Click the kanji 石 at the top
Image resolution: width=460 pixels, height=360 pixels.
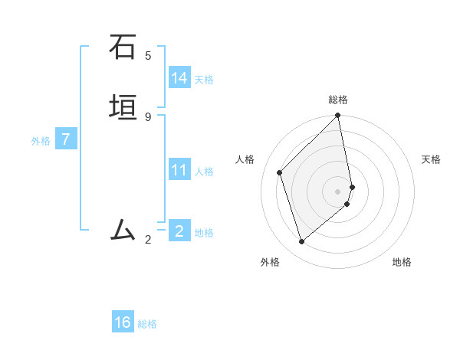(x=123, y=47)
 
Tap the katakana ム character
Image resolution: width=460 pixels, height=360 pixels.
(x=123, y=230)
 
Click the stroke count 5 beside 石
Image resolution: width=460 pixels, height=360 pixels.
(x=148, y=56)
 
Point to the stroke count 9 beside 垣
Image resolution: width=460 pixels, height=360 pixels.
(x=148, y=116)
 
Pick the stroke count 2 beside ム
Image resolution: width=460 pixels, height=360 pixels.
(x=148, y=240)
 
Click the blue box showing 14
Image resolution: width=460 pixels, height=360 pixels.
(x=179, y=78)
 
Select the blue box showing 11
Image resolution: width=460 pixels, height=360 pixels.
(x=179, y=170)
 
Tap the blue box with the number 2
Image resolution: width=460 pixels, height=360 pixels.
(x=179, y=231)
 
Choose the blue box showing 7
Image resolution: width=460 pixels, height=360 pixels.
(x=67, y=139)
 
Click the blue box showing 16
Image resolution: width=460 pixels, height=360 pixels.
(x=123, y=322)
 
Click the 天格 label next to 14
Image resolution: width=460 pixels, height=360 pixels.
(x=204, y=80)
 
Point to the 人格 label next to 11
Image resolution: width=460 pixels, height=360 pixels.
(x=204, y=172)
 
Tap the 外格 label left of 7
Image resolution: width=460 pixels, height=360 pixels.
(x=41, y=141)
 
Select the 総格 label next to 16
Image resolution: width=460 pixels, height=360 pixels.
(x=147, y=324)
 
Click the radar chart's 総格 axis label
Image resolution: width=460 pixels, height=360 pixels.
(x=338, y=100)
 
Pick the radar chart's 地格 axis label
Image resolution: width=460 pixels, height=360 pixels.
(x=402, y=262)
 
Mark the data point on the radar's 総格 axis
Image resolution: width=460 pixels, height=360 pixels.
(x=338, y=116)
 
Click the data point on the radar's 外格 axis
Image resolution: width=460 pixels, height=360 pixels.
(x=302, y=241)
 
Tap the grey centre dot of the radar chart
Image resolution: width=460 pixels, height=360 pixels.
(x=338, y=191)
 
